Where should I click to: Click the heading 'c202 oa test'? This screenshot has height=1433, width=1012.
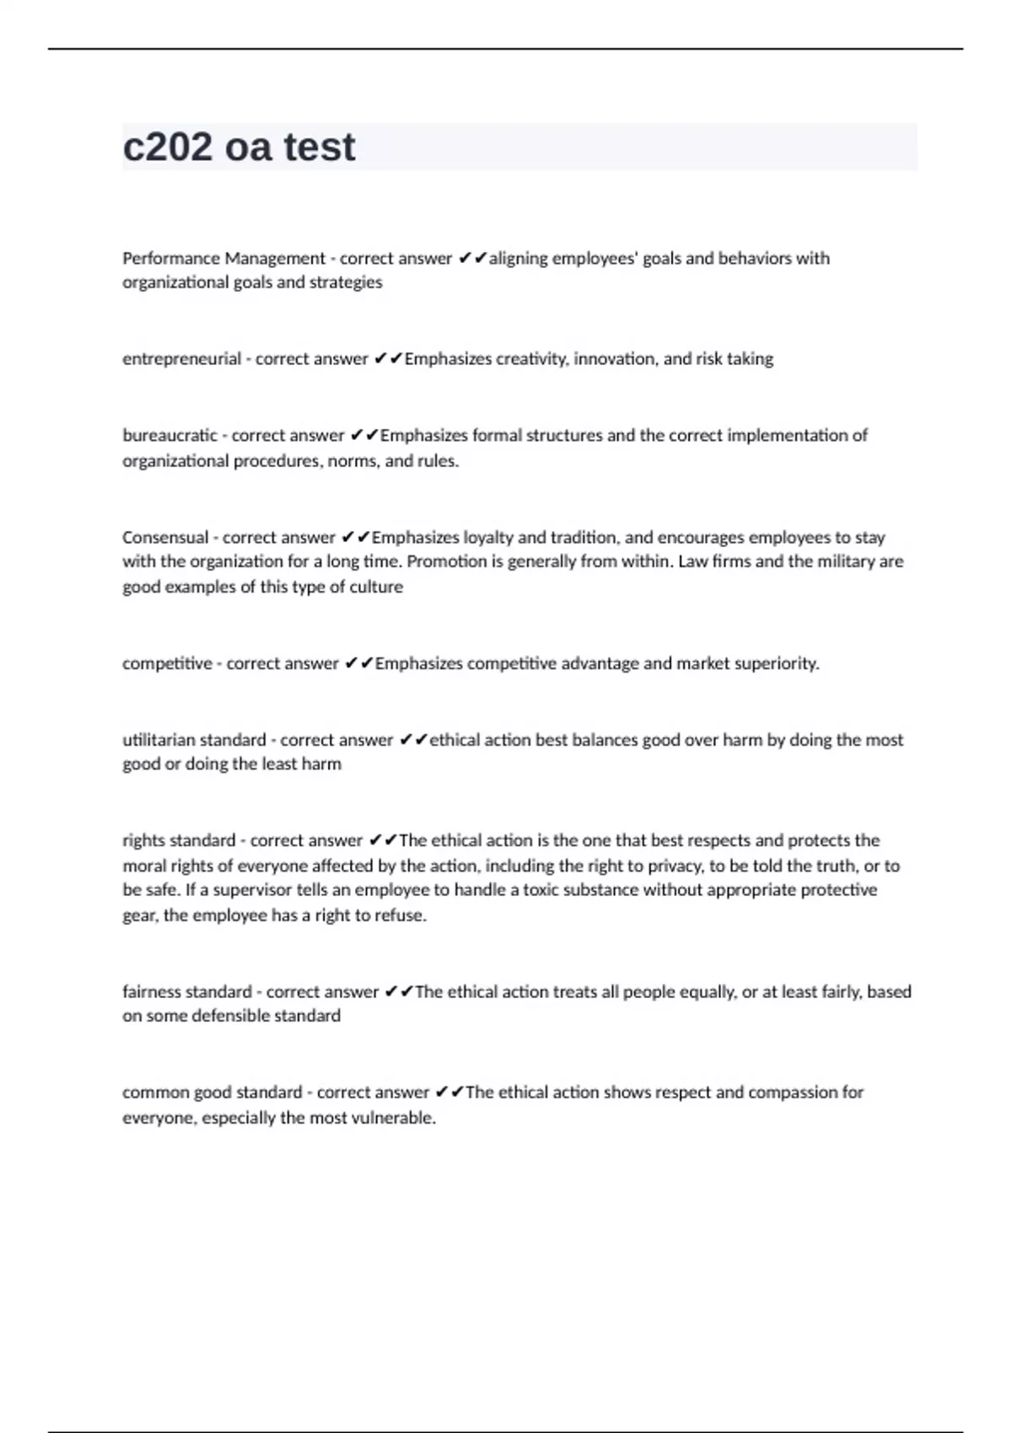pyautogui.click(x=239, y=147)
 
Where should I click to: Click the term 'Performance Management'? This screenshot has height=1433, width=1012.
pyautogui.click(x=223, y=259)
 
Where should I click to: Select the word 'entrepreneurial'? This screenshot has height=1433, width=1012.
pyautogui.click(x=181, y=359)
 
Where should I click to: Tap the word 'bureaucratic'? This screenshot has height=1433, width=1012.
pyautogui.click(x=170, y=436)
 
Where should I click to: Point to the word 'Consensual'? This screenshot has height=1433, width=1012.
pyautogui.click(x=164, y=538)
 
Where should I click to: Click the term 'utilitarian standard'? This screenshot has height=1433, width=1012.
pyautogui.click(x=194, y=740)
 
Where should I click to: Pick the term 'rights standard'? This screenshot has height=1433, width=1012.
pyautogui.click(x=179, y=840)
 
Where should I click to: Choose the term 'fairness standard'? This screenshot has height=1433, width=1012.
pyautogui.click(x=187, y=992)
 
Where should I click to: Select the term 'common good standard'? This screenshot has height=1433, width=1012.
pyautogui.click(x=212, y=1092)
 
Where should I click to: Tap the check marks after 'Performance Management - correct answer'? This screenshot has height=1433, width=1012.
pyautogui.click(x=472, y=259)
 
